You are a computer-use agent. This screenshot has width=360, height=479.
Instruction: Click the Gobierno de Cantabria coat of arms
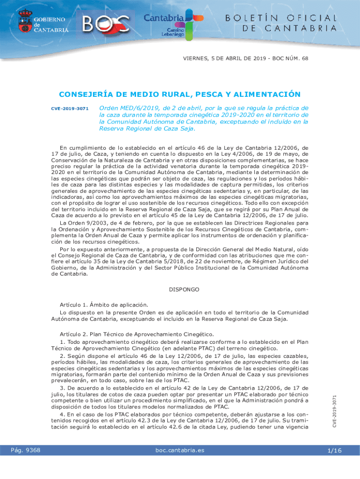[x=24, y=22]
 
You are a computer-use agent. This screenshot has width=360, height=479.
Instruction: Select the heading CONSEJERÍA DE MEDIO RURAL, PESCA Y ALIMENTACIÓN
[x=180, y=94]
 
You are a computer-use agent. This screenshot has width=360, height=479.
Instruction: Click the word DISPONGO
[x=184, y=290]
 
